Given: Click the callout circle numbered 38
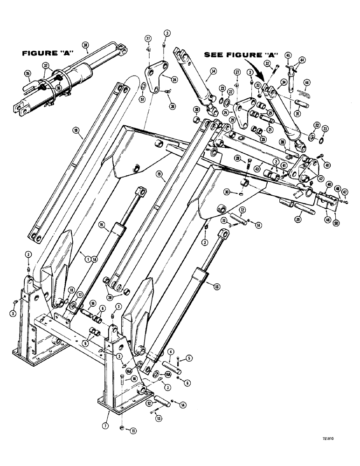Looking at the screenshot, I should [x=85, y=45].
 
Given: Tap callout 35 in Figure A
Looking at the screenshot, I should [x=27, y=73].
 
